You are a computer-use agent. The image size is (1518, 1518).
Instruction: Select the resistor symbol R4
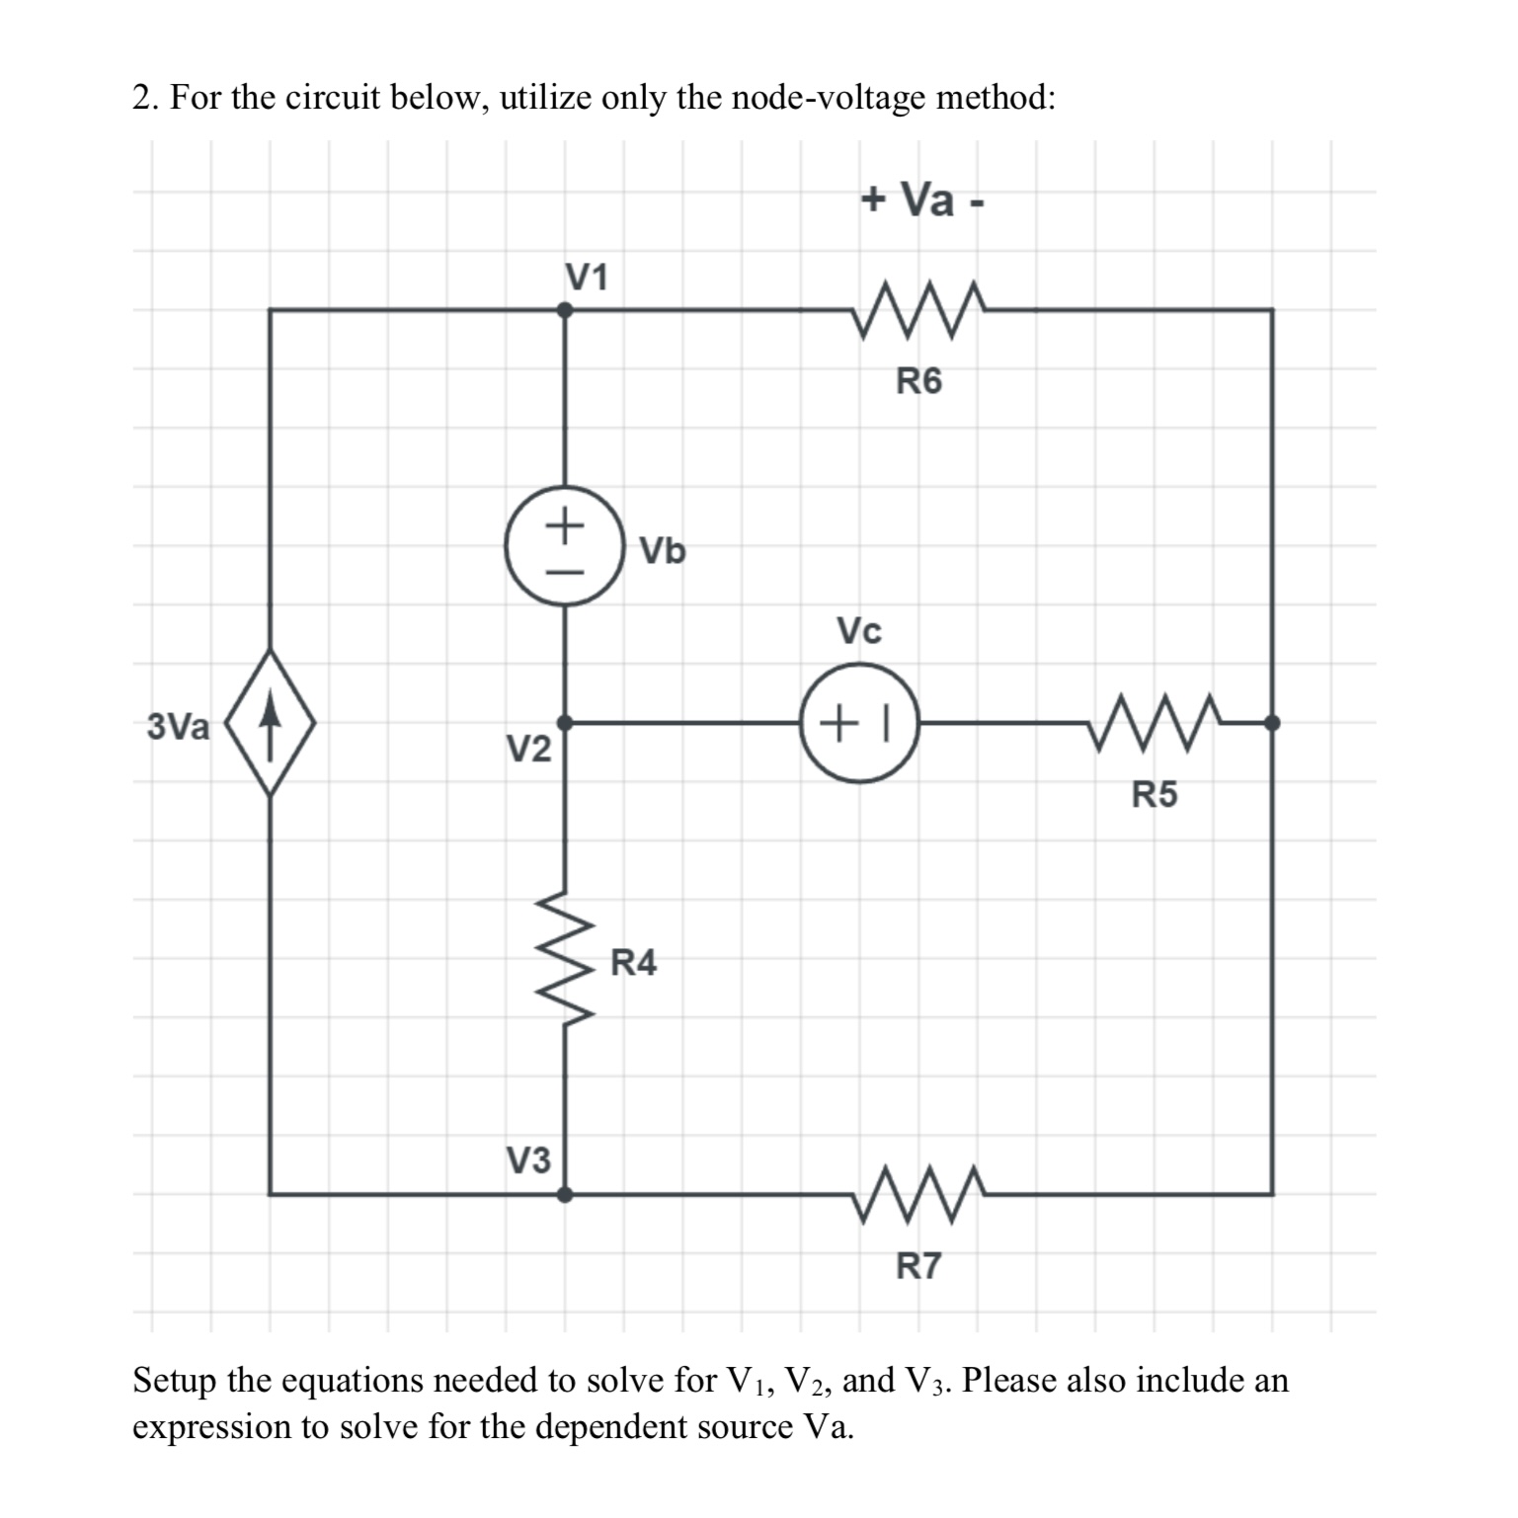pos(565,960)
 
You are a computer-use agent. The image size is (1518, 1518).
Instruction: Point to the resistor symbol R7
pos(919,1194)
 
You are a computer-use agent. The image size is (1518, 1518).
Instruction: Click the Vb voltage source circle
pos(564,545)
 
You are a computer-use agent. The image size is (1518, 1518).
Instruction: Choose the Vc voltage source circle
pos(859,723)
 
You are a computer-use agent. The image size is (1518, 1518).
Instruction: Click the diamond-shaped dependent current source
pos(270,723)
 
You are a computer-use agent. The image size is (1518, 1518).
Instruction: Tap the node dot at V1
pos(565,309)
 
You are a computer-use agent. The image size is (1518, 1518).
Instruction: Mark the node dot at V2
pos(565,723)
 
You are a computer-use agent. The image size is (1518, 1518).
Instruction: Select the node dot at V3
pos(565,1194)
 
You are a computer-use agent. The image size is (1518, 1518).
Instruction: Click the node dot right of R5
pos(1272,723)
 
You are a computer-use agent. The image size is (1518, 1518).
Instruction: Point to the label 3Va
pos(178,728)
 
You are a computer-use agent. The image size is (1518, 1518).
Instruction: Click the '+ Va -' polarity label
pos(921,200)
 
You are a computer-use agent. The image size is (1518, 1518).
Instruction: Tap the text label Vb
pos(662,551)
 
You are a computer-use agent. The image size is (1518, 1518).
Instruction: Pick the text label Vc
pos(858,631)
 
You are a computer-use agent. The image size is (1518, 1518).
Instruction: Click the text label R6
pos(919,380)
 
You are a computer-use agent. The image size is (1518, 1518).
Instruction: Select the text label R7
pos(919,1265)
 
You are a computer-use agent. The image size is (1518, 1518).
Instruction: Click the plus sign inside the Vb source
pos(564,522)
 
